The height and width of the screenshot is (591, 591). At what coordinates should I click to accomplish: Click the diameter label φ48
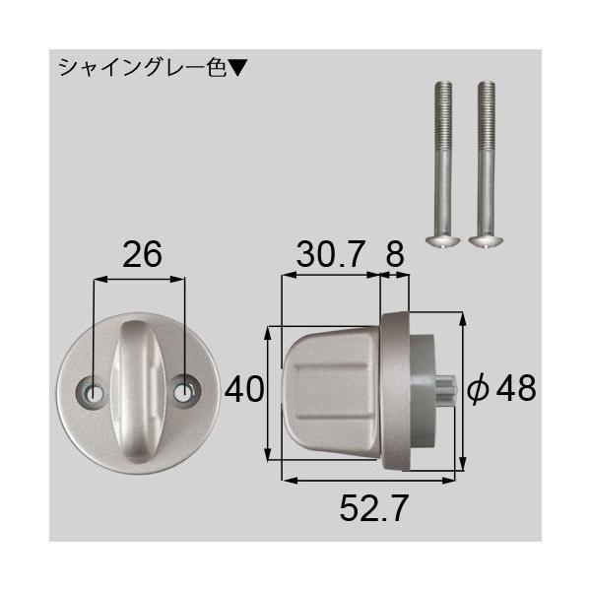point(500,390)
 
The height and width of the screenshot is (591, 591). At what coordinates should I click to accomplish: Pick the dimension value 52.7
point(371,508)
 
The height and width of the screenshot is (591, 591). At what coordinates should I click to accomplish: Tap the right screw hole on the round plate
point(184,391)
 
